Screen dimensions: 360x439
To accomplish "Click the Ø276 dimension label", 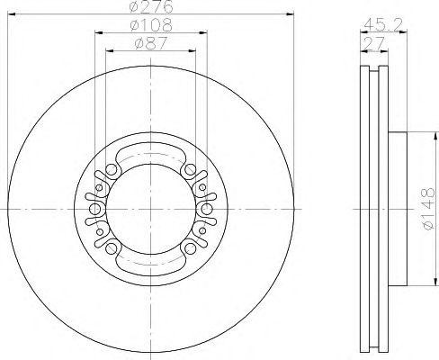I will coord(150,7).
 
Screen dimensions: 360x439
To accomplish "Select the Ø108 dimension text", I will coord(150,28).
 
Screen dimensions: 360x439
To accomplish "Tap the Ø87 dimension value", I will coord(150,44).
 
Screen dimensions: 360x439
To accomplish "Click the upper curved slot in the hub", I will coord(150,154).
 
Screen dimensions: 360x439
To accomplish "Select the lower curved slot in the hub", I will coord(150,263).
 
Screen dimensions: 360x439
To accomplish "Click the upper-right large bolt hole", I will coord(189,170).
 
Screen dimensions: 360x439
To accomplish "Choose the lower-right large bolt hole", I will coord(189,248).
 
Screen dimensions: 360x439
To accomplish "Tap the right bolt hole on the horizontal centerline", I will coord(206,210).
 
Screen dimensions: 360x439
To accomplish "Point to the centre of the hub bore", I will coord(150,210).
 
